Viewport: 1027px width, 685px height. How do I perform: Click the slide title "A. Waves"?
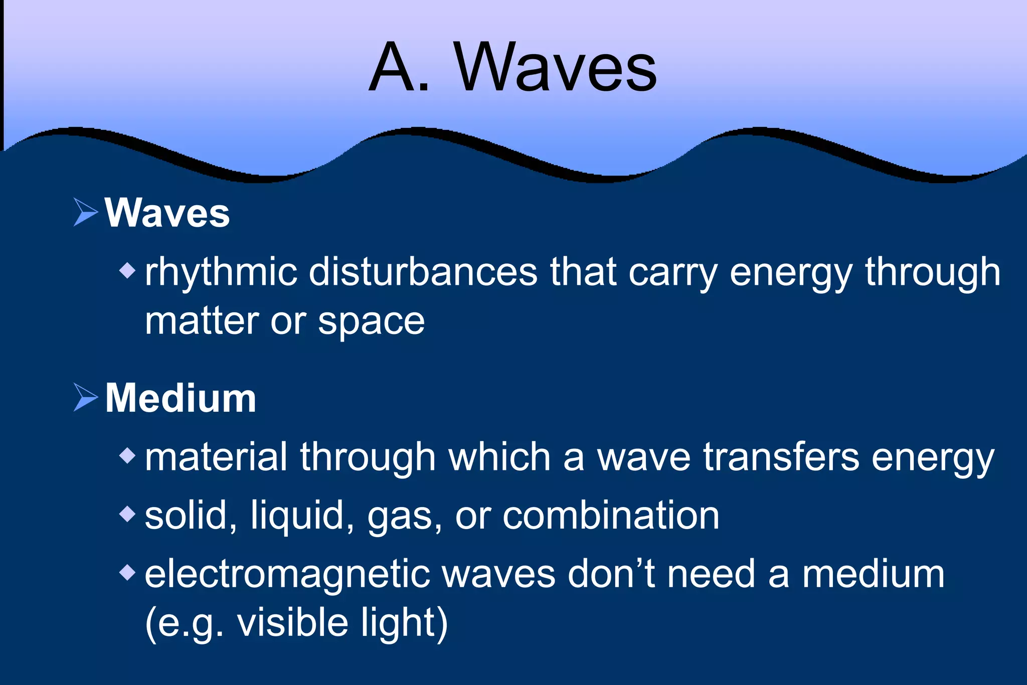(512, 67)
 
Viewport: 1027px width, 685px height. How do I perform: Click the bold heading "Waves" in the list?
(167, 213)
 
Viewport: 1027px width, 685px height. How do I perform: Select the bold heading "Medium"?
(181, 398)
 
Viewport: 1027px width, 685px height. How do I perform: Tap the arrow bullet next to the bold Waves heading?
(86, 212)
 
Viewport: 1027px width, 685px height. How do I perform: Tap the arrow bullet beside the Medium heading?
(86, 397)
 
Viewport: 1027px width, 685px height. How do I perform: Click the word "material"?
(216, 457)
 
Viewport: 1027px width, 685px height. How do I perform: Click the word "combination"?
(611, 516)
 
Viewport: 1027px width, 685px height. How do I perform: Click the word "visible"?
(292, 622)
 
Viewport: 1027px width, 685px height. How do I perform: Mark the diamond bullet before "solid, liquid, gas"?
(128, 514)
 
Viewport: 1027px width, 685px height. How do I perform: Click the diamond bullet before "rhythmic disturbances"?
(128, 271)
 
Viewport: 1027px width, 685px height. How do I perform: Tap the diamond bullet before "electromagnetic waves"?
(128, 572)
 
